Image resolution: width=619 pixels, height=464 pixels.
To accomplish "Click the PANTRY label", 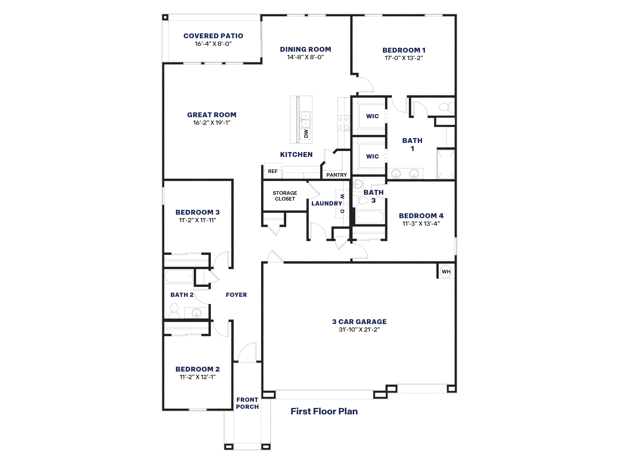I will point(336,175).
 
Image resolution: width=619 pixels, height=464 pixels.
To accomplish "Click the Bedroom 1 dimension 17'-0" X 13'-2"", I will point(403,58).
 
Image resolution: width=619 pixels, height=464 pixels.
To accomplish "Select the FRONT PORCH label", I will point(247,403).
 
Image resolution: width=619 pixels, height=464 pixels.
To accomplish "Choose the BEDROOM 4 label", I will point(421,216).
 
